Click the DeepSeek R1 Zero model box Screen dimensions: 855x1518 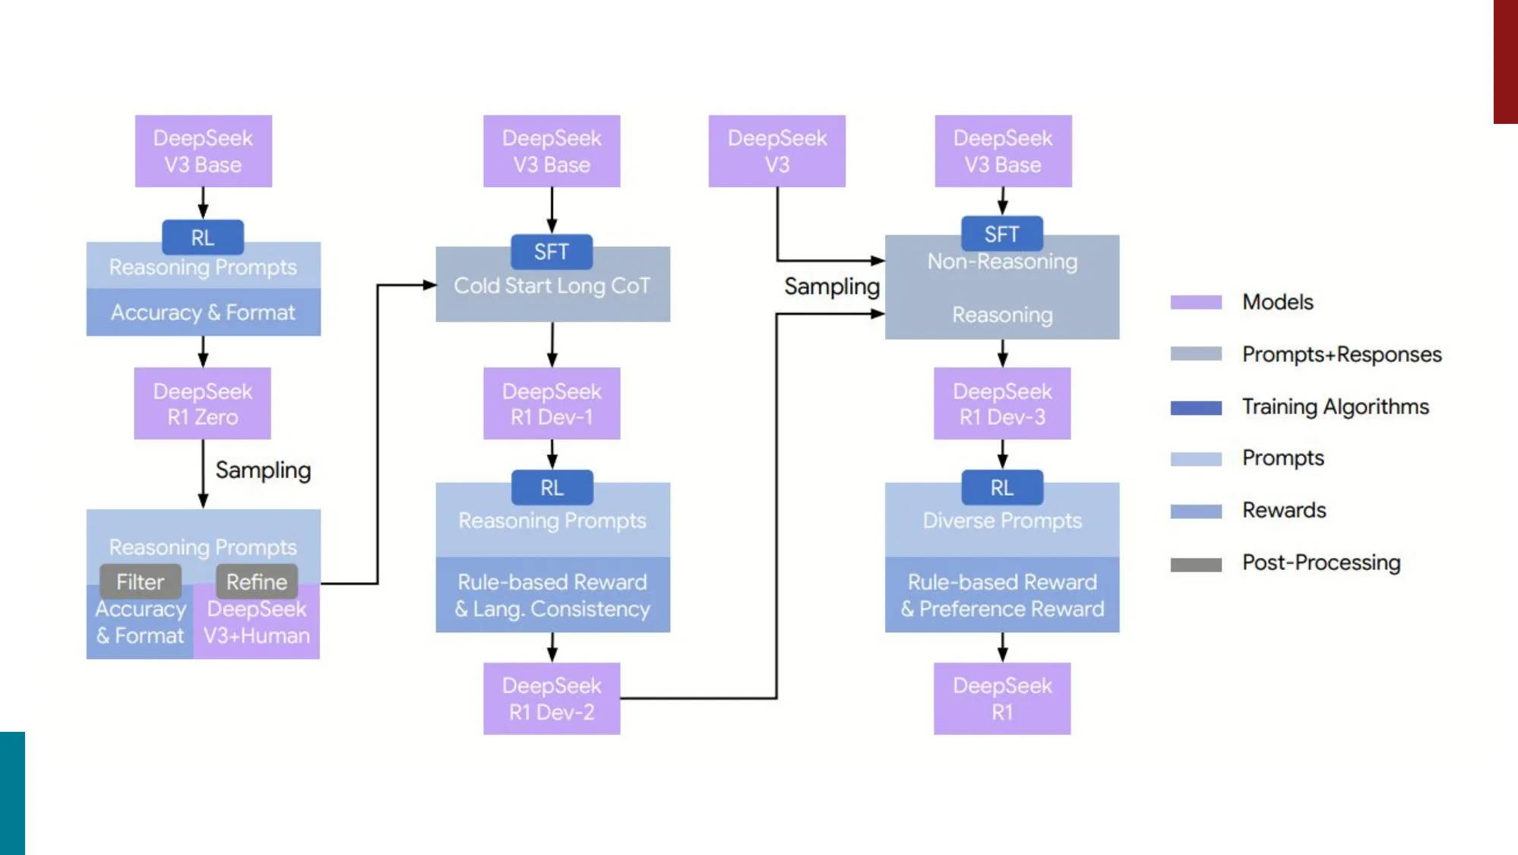pyautogui.click(x=202, y=404)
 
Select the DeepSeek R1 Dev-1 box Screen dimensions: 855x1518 pyautogui.click(x=552, y=404)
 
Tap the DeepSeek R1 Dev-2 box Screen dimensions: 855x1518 pyautogui.click(x=552, y=698)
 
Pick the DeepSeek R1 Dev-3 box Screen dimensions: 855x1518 pyautogui.click(x=1002, y=404)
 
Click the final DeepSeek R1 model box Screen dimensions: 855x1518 pyautogui.click(x=1002, y=698)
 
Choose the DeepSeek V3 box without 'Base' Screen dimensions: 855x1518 pyautogui.click(x=776, y=151)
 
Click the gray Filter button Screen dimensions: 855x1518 pyautogui.click(x=140, y=581)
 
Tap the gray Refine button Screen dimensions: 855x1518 pyautogui.click(x=257, y=581)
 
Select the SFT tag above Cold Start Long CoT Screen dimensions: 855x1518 pyautogui.click(x=552, y=252)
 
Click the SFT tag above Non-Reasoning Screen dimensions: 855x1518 pyautogui.click(x=1001, y=234)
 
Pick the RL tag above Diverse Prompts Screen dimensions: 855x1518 pyautogui.click(x=1001, y=487)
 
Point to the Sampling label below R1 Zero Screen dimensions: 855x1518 pyautogui.click(x=263, y=470)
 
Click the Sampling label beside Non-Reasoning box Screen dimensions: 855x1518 pyautogui.click(x=832, y=287)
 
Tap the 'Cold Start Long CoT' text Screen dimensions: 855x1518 pyautogui.click(x=552, y=286)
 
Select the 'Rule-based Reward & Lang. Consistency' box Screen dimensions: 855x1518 pyautogui.click(x=552, y=595)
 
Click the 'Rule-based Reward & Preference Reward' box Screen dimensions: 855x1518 pyautogui.click(x=1002, y=595)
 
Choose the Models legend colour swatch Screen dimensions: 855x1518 pyautogui.click(x=1196, y=302)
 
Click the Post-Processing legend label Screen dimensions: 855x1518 pyautogui.click(x=1321, y=562)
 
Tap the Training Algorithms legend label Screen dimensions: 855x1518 pyautogui.click(x=1335, y=407)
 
